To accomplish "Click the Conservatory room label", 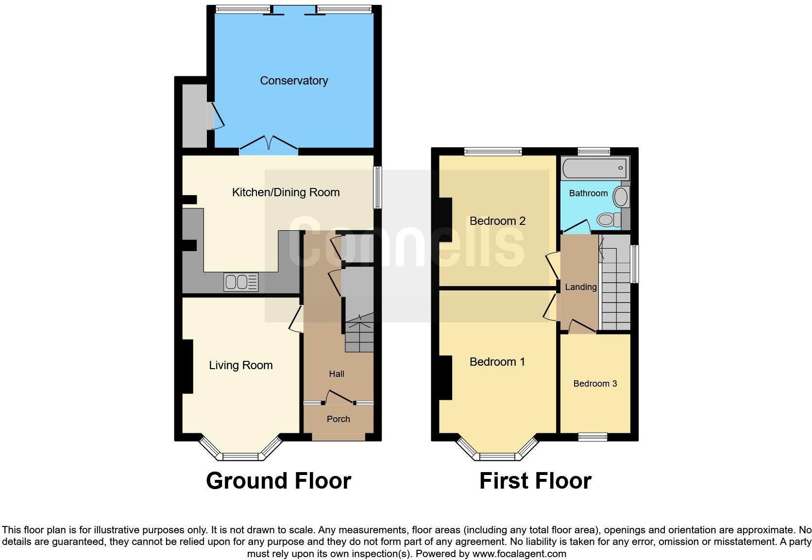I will [x=294, y=81].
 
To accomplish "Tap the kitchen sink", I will [x=241, y=282].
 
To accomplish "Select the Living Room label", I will [x=240, y=365].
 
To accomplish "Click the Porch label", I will [x=338, y=419].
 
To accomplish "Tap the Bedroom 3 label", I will [x=595, y=384].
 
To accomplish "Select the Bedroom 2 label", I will [x=497, y=221].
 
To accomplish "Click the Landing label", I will [x=580, y=287].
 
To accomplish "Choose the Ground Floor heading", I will [x=278, y=481].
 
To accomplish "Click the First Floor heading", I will [x=535, y=481].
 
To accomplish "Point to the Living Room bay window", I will [x=240, y=456].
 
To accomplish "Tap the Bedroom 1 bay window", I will [x=497, y=456].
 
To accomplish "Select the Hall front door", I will [x=339, y=397].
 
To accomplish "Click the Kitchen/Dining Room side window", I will [x=377, y=187].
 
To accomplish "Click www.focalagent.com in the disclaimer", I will [x=519, y=554].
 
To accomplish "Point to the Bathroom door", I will [x=576, y=227].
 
